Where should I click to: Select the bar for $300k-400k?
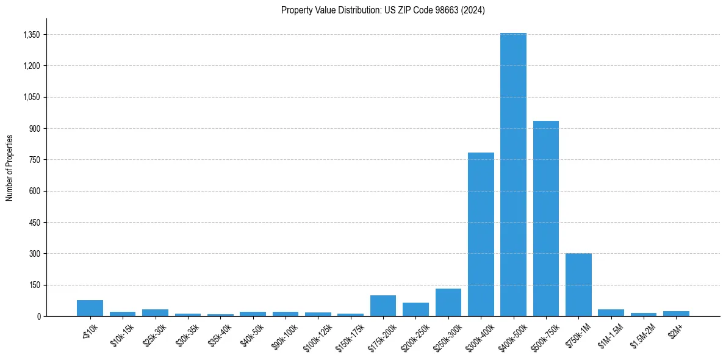point(481,234)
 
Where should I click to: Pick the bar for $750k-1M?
point(578,284)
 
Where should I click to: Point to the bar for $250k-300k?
point(448,303)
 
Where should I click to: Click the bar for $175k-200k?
point(383,306)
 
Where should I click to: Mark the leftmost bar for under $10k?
point(90,308)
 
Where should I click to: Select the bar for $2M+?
point(676,314)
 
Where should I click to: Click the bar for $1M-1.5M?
point(611,313)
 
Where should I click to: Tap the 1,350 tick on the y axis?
point(31,35)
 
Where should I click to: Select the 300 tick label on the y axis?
point(34,253)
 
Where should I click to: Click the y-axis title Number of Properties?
point(10,167)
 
